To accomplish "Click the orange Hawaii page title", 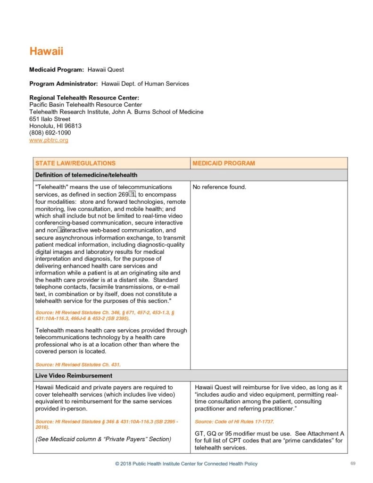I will [x=46, y=51].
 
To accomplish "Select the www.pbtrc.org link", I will [x=49, y=140].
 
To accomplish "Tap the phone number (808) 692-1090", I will [x=50, y=133].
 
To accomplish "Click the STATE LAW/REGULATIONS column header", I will [x=75, y=163].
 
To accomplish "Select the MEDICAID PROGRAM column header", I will [x=224, y=163].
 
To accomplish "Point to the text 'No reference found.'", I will [x=220, y=187].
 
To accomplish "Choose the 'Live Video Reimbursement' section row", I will [x=74, y=375].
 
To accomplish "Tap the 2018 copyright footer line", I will [x=186, y=464].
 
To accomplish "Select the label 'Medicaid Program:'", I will [x=57, y=70].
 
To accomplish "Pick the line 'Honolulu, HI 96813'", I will [x=55, y=126].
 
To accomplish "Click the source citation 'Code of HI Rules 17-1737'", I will [x=234, y=421].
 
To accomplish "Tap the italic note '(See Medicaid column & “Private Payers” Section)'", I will [x=103, y=439].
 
